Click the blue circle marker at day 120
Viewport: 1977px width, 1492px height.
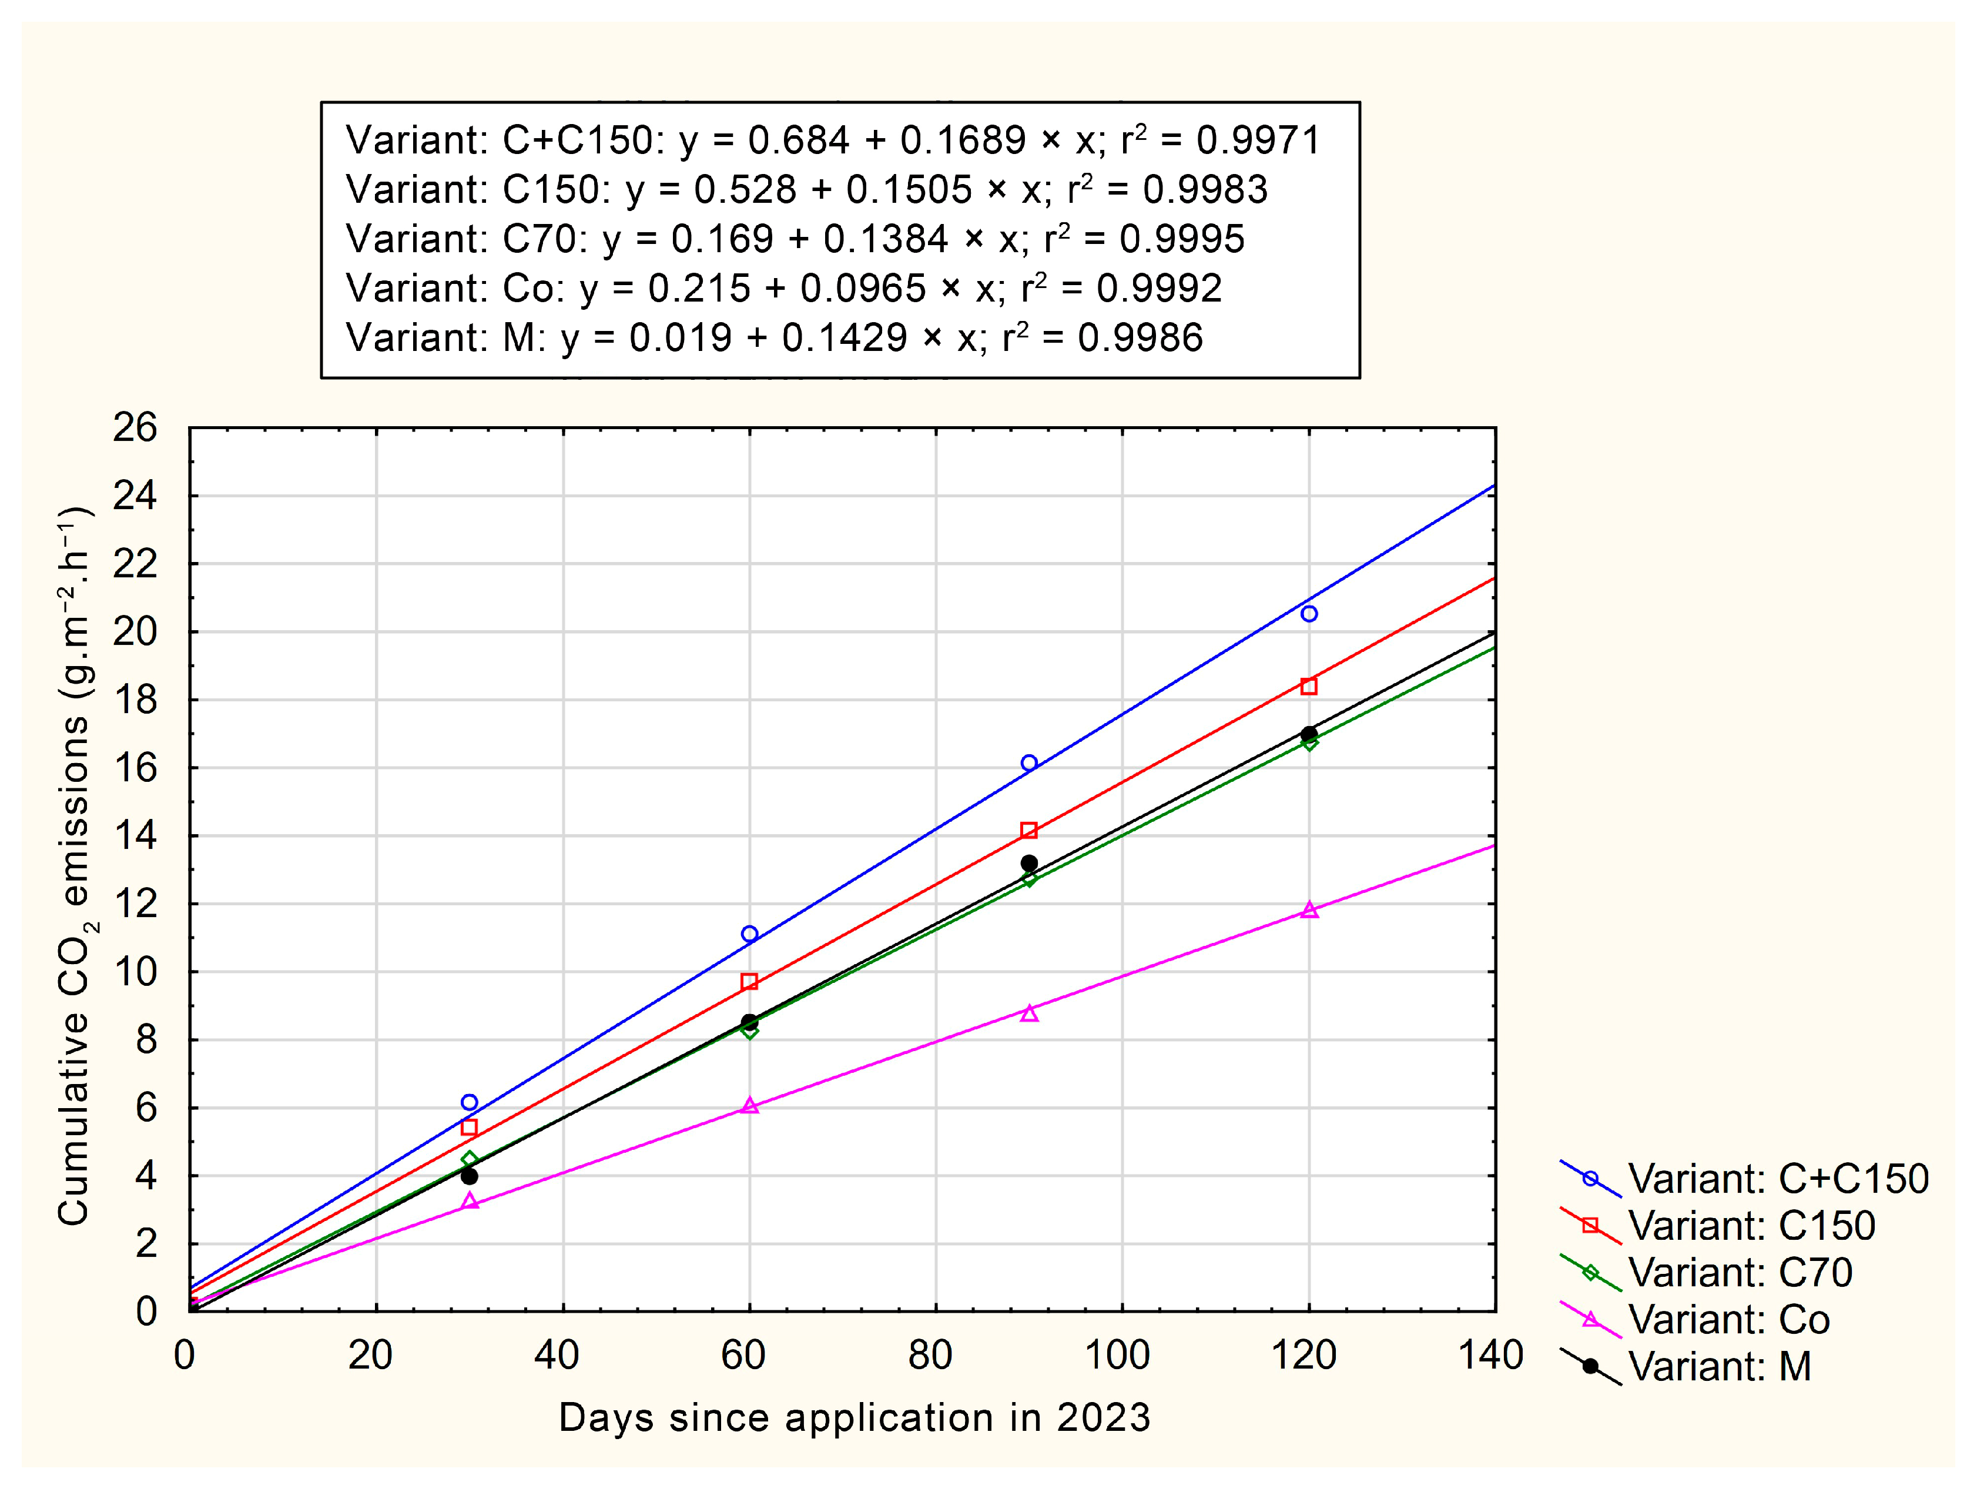[x=1308, y=613]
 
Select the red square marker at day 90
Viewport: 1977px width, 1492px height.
[x=1028, y=831]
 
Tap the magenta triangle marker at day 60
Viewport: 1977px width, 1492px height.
[x=750, y=1106]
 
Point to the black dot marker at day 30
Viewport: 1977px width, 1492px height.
[x=469, y=1176]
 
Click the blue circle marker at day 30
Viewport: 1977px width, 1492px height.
[x=469, y=1102]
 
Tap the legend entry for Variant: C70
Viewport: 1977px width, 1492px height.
[x=1739, y=1272]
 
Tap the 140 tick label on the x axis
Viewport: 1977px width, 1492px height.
[x=1491, y=1355]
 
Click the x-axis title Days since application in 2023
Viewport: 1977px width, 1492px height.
[x=855, y=1419]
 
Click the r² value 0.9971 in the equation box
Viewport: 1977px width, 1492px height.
[x=1258, y=140]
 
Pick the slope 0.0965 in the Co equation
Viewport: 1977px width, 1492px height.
[x=863, y=288]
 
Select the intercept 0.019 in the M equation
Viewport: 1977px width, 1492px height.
[x=680, y=338]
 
